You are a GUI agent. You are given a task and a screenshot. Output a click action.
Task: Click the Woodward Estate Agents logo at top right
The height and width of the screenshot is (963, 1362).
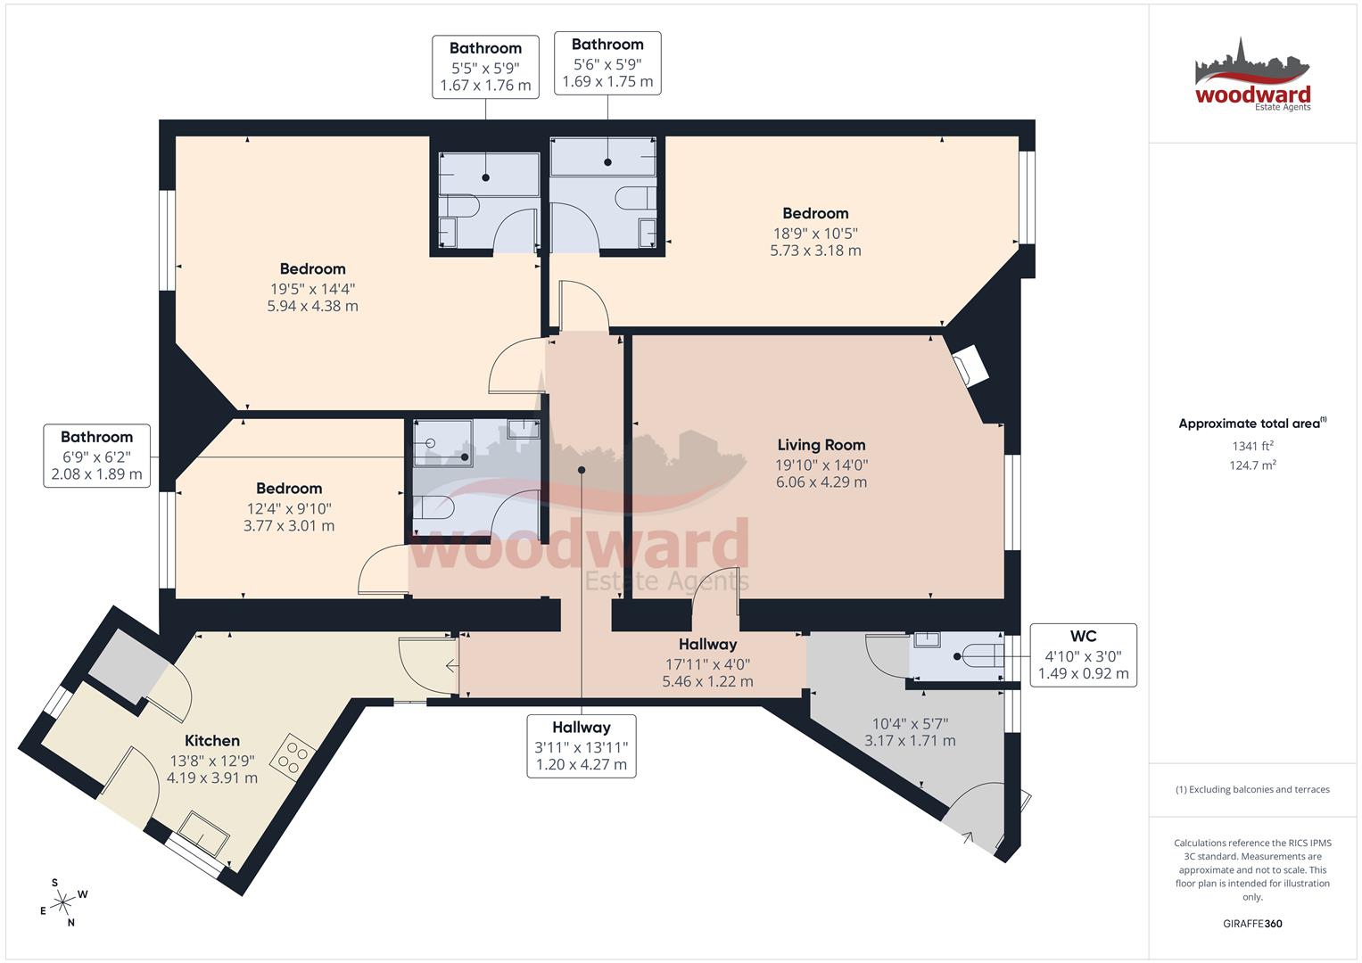(1252, 76)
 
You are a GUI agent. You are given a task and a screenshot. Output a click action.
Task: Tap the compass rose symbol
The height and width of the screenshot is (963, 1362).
(63, 903)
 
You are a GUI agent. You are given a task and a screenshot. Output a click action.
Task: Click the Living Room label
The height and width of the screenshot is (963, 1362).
(821, 445)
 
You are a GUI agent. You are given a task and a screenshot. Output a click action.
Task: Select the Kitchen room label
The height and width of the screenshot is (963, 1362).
(212, 740)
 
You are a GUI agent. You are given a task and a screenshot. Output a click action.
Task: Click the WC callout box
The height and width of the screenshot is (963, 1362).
(1083, 654)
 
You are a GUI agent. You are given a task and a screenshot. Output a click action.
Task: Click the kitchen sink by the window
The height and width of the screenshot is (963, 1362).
(206, 833)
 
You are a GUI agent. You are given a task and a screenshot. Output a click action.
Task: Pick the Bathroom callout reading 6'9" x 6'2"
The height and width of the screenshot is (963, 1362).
(96, 455)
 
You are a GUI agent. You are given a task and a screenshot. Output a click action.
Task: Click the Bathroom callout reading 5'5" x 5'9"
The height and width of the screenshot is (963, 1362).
(485, 67)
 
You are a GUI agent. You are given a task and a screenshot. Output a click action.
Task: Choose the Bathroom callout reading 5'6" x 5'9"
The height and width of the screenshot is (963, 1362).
(607, 63)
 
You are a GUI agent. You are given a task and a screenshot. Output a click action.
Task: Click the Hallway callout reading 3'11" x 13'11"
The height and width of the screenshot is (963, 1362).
(581, 745)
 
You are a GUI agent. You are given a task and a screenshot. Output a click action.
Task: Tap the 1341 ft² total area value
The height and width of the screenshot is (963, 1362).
(1252, 446)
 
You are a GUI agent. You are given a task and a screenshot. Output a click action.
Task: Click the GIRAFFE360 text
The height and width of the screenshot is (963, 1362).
(1252, 924)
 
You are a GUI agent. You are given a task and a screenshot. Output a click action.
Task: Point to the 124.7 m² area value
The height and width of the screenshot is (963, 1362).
(1252, 465)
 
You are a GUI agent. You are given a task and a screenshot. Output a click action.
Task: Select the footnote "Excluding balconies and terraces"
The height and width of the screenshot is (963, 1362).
(1252, 789)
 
